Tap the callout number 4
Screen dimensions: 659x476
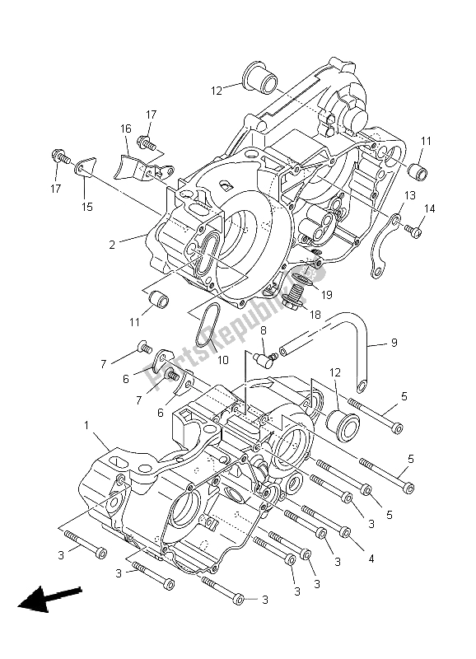pyautogui.click(x=371, y=558)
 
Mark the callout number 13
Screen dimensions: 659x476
pyautogui.click(x=409, y=194)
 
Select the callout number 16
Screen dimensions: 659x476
pyautogui.click(x=126, y=129)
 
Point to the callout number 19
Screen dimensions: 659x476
pyautogui.click(x=327, y=294)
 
